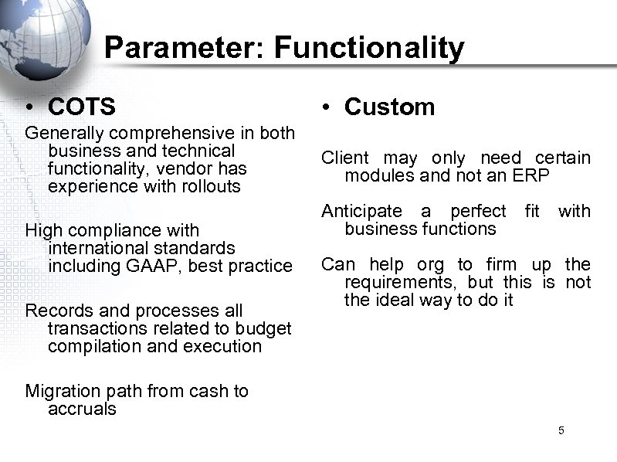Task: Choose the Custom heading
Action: [x=390, y=106]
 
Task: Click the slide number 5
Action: [x=561, y=430]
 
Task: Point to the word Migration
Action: [x=62, y=391]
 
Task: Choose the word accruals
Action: [x=82, y=409]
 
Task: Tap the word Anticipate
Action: [x=362, y=211]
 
